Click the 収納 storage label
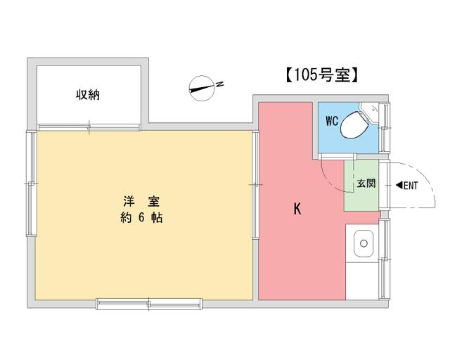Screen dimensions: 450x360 tap(88, 95)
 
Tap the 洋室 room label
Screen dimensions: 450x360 tap(141, 201)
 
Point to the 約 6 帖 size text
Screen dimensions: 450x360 tap(141, 218)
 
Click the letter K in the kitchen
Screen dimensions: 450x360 tap(297, 209)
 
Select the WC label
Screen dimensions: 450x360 tap(332, 121)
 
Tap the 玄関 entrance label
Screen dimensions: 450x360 tap(366, 184)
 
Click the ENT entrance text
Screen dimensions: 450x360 tap(411, 186)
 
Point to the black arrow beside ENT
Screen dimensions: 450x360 tap(399, 185)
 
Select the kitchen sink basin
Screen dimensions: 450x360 tap(364, 243)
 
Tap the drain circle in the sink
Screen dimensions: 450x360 tap(364, 243)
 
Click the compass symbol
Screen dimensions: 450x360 tap(202, 88)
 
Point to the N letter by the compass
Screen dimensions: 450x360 tap(220, 84)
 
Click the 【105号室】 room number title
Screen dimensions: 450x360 tap(322, 75)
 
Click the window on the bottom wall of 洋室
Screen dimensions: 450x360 tap(149, 304)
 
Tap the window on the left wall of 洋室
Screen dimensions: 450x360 tap(31, 184)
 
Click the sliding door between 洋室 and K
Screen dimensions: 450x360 tap(255, 185)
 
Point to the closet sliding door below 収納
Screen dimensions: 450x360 tap(89, 127)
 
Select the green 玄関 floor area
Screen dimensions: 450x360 tap(361, 186)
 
